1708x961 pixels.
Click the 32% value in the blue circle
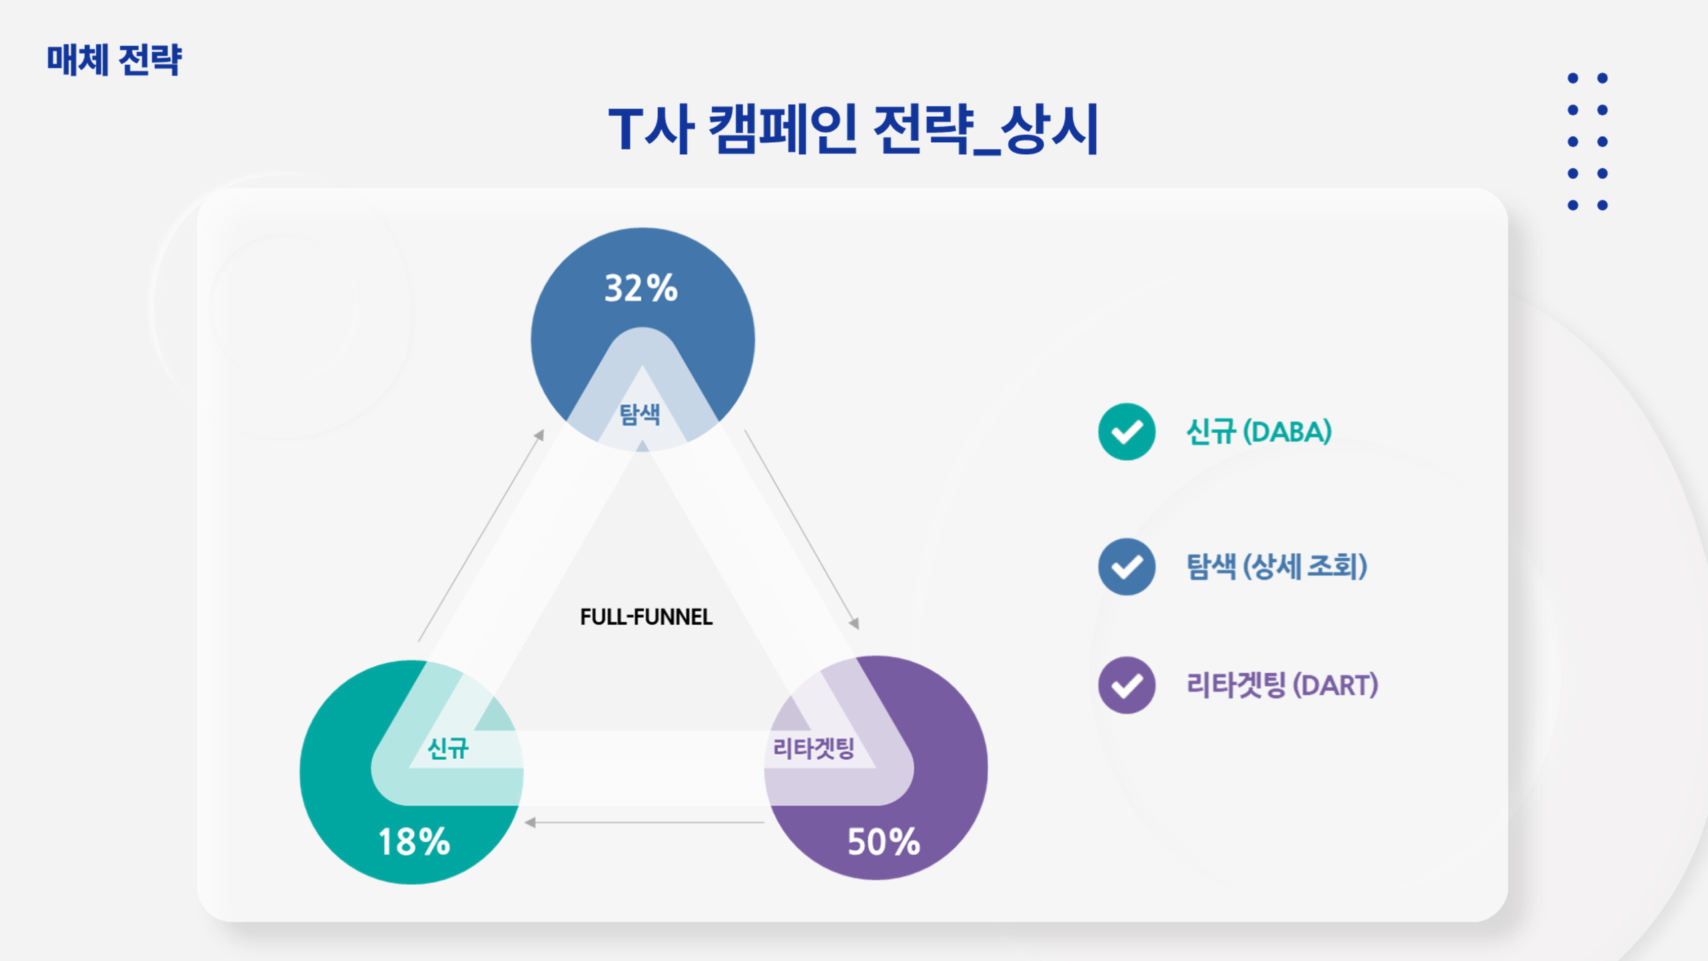[640, 288]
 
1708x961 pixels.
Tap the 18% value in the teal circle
[414, 842]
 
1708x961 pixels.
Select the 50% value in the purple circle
[884, 842]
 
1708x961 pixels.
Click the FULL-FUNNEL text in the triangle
[646, 617]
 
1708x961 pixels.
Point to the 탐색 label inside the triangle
[640, 414]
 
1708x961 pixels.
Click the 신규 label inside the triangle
[448, 748]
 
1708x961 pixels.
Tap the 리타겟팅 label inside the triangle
[813, 748]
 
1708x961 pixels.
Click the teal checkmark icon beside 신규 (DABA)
[1127, 432]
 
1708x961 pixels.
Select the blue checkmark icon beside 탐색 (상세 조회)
[1127, 567]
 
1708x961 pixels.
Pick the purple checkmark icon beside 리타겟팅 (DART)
[1127, 685]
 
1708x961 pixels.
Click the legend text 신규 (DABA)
[1259, 432]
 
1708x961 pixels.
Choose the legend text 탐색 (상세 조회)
[1277, 567]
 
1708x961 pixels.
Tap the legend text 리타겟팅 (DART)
[1282, 685]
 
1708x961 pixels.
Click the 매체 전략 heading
[114, 60]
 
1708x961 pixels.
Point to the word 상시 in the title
[1049, 129]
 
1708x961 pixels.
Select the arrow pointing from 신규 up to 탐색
[481, 535]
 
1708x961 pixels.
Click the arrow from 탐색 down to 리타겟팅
[801, 529]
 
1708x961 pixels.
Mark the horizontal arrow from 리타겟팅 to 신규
[645, 822]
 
